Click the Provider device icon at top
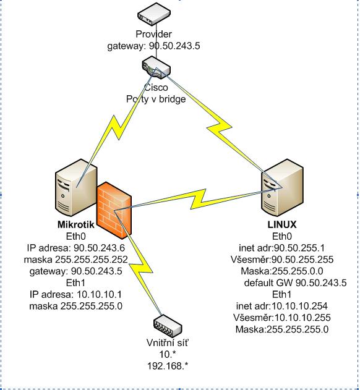pos(154,14)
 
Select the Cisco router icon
pos(156,67)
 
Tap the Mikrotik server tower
pos(76,187)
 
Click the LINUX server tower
pos(282,187)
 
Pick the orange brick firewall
pos(114,210)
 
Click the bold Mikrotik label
pos(76,224)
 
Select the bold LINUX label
pos(282,224)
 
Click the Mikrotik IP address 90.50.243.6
pos(99,248)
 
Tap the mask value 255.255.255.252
pos(91,260)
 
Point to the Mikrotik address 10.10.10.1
pos(99,294)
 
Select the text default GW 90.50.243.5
pos(295,283)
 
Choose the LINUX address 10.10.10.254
pos(299,306)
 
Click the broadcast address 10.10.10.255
pos(302,318)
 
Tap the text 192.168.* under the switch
pos(168,366)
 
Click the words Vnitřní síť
pos(168,343)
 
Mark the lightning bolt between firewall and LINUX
pos(198,199)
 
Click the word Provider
pos(153,34)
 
